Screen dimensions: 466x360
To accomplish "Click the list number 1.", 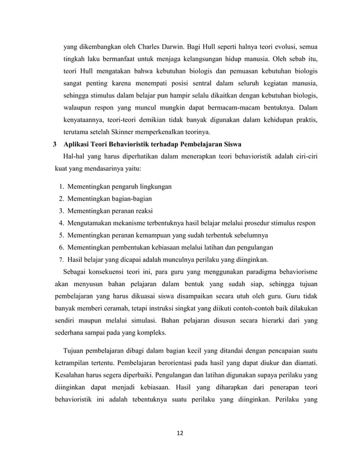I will point(61,186).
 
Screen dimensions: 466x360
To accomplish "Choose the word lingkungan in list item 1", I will point(153,186).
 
